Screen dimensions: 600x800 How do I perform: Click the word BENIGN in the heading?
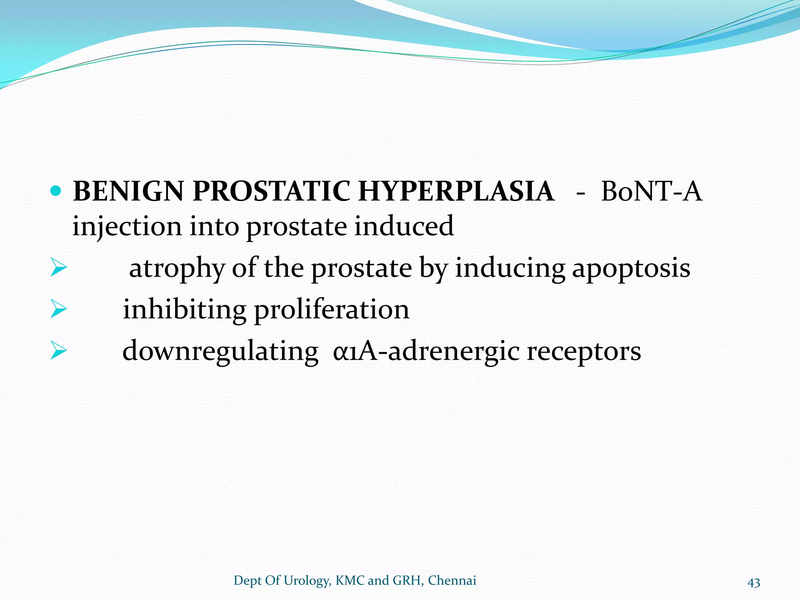[x=128, y=191]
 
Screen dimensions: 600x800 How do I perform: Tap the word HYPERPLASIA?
[x=456, y=191]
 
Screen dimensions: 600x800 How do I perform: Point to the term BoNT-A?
[x=651, y=191]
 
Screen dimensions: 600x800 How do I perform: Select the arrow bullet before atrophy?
[x=59, y=269]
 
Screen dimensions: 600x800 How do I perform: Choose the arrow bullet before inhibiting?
[x=59, y=310]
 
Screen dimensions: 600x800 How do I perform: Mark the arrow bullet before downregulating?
[x=59, y=351]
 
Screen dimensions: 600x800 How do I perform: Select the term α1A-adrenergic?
[x=426, y=351]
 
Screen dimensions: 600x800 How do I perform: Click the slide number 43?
[x=754, y=582]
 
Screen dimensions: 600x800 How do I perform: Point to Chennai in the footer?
[x=452, y=580]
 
